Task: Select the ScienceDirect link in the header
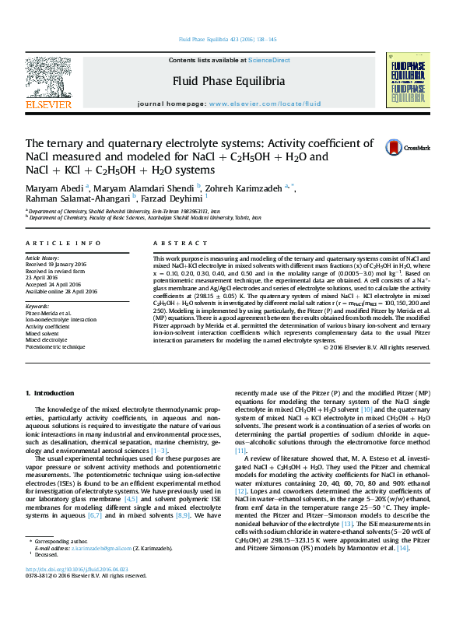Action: pos(268,60)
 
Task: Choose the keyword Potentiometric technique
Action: pos(54,347)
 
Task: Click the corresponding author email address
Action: pos(91,571)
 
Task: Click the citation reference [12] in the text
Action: pos(241,490)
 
